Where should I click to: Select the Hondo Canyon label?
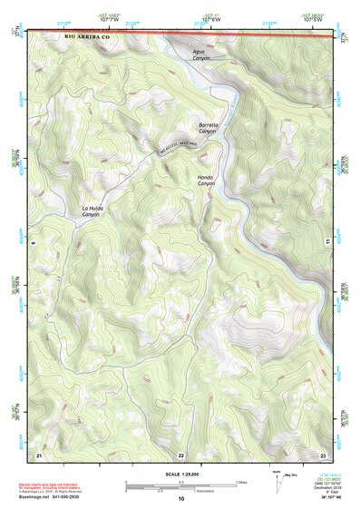208,180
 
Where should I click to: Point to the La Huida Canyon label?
92,211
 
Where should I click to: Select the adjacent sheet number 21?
39,453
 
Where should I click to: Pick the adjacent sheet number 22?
180,454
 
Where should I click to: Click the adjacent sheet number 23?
323,453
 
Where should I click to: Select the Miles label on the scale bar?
240,482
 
